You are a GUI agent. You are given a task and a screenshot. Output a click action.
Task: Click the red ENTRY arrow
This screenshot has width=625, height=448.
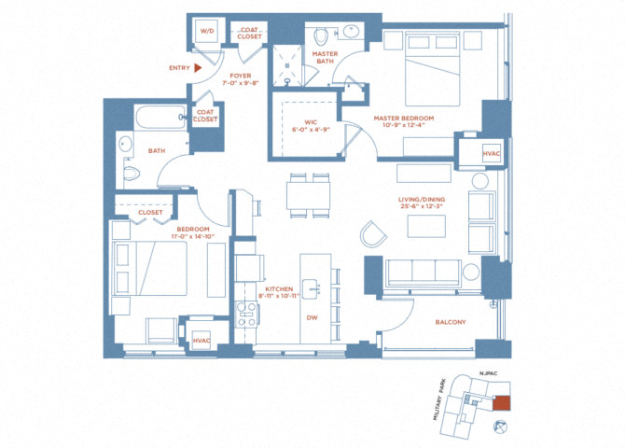198,67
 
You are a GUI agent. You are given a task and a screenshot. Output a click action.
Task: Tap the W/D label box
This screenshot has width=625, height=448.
205,31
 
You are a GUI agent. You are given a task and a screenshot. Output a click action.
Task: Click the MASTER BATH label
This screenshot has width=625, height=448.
326,58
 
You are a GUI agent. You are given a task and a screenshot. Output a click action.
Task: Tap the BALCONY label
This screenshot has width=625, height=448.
451,322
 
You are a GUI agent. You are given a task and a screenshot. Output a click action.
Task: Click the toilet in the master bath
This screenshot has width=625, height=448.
320,36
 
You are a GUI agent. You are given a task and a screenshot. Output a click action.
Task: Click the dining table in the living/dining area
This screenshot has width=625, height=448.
309,195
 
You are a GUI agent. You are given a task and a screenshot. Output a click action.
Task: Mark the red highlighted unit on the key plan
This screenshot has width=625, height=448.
502,403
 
